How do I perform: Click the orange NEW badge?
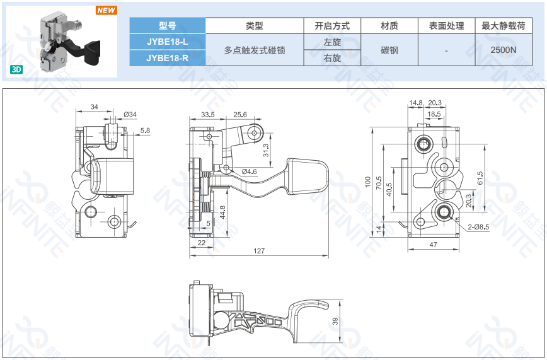[x=106, y=11]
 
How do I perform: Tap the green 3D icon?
[x=16, y=70]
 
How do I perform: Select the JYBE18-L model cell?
[x=167, y=42]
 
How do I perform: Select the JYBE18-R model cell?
[x=167, y=58]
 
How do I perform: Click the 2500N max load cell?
[x=503, y=50]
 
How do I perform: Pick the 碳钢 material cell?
[x=389, y=50]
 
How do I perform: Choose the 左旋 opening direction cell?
[x=332, y=42]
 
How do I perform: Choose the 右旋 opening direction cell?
[x=332, y=58]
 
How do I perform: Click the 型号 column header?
[x=167, y=26]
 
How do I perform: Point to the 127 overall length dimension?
[x=259, y=251]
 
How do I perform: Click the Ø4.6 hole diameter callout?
[x=248, y=171]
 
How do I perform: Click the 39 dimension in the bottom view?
[x=336, y=321]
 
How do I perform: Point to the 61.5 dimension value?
[x=480, y=179]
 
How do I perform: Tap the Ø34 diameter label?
[x=130, y=114]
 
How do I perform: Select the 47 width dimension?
[x=434, y=244]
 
